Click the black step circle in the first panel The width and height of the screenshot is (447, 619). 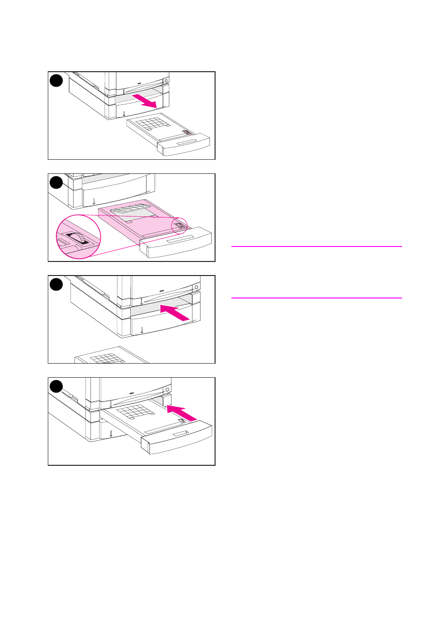56,81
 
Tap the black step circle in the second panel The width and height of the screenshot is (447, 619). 56,182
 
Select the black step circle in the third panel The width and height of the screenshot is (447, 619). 56,284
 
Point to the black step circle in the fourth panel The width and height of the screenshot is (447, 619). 56,387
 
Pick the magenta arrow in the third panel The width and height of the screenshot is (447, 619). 175,313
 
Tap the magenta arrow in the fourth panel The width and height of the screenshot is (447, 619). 182,413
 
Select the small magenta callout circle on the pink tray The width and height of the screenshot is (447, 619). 179,226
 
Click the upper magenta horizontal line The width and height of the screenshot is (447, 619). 316,246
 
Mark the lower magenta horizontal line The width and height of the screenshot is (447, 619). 316,298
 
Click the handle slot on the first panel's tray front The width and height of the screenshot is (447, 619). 187,142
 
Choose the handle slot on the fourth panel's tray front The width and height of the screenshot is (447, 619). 181,434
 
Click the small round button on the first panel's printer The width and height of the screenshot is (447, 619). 165,81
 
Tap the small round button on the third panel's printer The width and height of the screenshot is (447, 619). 196,287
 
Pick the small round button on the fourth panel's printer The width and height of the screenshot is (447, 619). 167,389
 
